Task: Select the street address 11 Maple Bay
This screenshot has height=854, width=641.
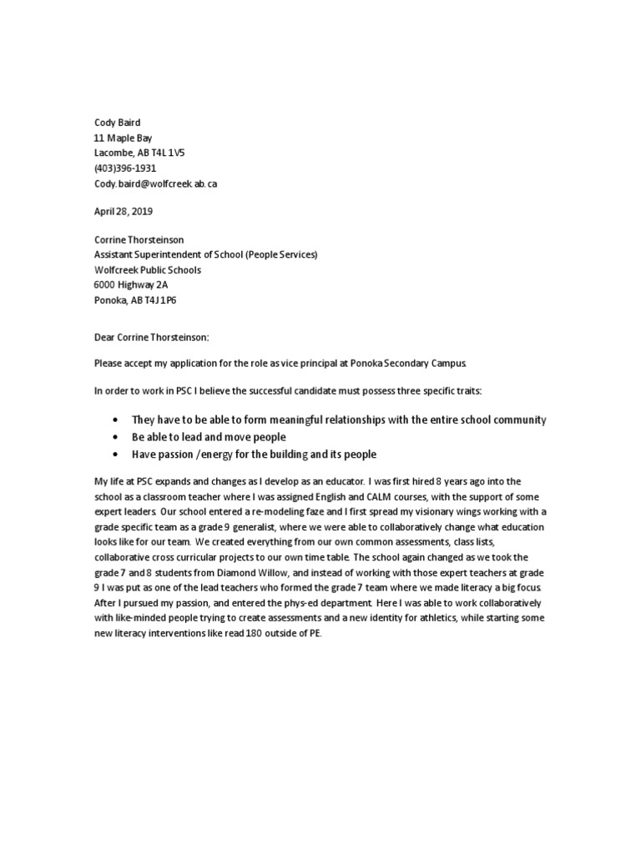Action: tap(123, 138)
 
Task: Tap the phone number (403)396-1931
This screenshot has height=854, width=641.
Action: tap(124, 168)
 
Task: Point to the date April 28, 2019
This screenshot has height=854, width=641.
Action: tap(123, 212)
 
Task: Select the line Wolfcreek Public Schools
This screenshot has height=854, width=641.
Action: tap(147, 270)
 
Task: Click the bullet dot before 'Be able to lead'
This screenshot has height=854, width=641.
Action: tap(114, 437)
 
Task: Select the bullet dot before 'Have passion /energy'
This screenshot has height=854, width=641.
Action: tap(114, 455)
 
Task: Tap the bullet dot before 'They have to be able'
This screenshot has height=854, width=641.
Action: tap(114, 419)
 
